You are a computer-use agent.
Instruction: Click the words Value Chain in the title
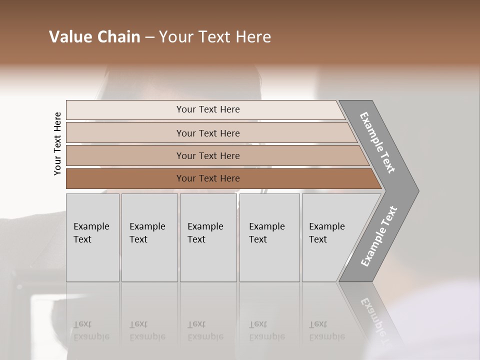tap(94, 37)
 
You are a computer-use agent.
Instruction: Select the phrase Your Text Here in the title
tap(215, 37)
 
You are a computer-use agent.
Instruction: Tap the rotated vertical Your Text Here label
tap(57, 143)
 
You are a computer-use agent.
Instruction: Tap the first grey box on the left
tap(92, 237)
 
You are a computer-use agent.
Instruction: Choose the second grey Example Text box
tap(149, 237)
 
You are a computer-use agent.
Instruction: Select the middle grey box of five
tap(208, 237)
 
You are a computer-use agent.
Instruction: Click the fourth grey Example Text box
tap(269, 237)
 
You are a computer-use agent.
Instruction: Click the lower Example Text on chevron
tap(379, 236)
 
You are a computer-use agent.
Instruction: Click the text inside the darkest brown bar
tap(208, 178)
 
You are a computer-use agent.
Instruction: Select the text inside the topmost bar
tap(208, 109)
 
